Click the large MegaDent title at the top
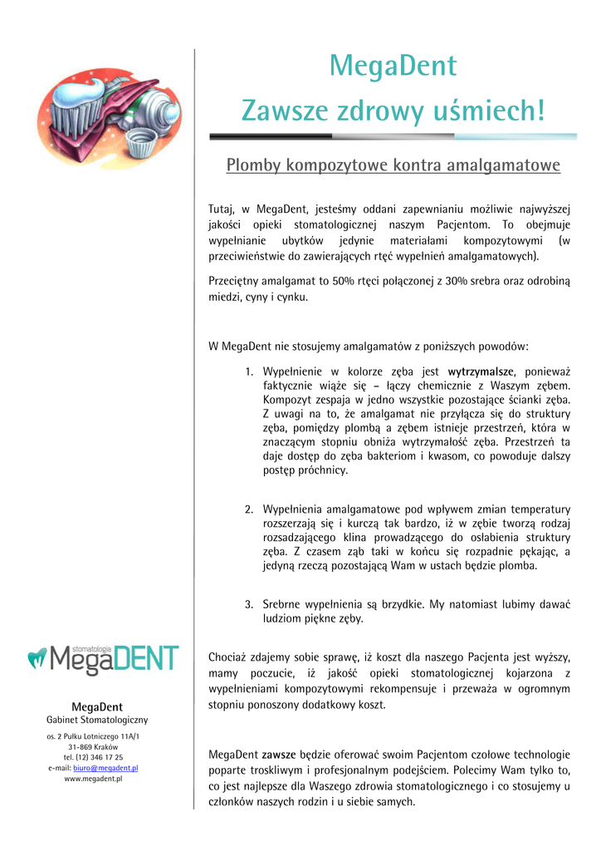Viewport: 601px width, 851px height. pyautogui.click(x=393, y=65)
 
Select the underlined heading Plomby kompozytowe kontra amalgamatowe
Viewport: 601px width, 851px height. pyautogui.click(x=393, y=165)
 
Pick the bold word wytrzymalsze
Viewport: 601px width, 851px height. pyautogui.click(x=481, y=371)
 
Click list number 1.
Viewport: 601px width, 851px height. pyautogui.click(x=249, y=371)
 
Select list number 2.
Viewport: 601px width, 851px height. pyautogui.click(x=249, y=509)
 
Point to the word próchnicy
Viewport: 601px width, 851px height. pyautogui.click(x=320, y=470)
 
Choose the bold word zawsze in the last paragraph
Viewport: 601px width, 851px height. pyautogui.click(x=279, y=755)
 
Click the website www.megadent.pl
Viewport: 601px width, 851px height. pyautogui.click(x=93, y=779)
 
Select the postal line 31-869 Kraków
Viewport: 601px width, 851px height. pyautogui.click(x=93, y=746)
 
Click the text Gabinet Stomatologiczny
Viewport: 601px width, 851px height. pyautogui.click(x=97, y=720)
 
